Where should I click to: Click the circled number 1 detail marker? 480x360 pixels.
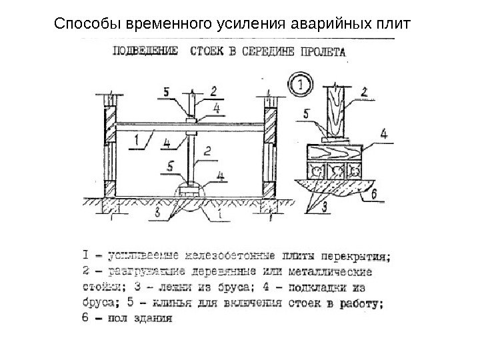coord(301,85)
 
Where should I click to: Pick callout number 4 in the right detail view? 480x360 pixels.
coord(383,133)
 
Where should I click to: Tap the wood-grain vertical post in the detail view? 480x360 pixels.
coord(337,111)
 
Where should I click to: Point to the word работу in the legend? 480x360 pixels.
coord(361,305)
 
